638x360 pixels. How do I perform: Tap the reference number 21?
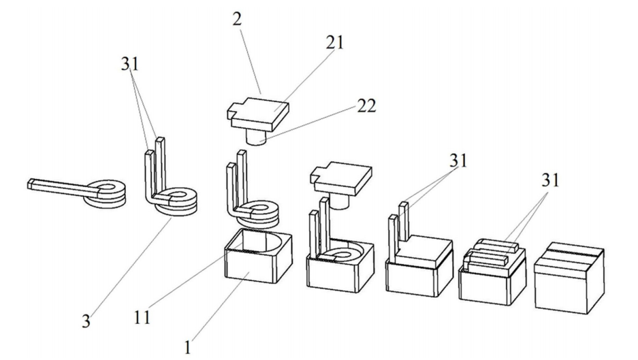[x=334, y=43]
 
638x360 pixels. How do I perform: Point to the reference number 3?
[x=86, y=320]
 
